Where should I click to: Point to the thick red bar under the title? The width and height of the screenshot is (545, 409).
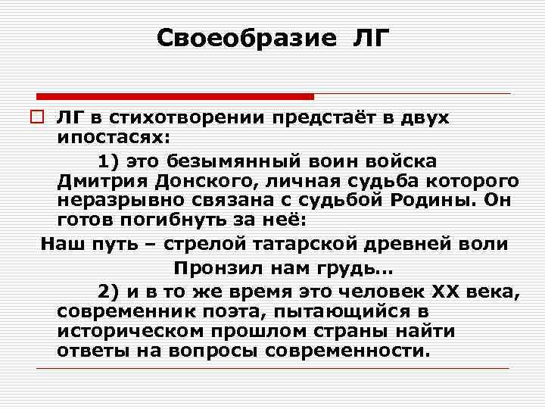tap(175, 96)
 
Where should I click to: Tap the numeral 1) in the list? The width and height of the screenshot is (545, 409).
tap(109, 161)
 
